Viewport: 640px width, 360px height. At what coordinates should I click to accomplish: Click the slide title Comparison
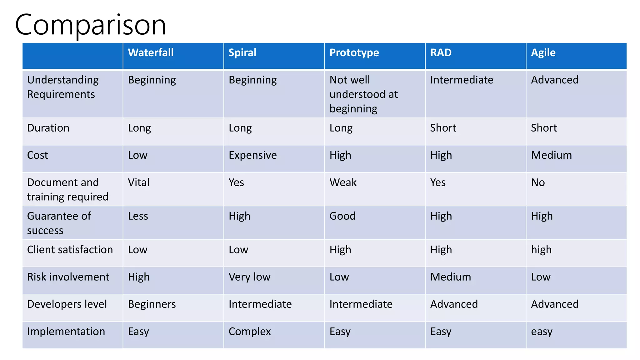[90, 25]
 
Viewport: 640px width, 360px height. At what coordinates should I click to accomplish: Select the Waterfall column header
[151, 53]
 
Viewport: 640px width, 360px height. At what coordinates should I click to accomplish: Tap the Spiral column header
[242, 53]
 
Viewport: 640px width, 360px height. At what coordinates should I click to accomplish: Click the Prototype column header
[354, 53]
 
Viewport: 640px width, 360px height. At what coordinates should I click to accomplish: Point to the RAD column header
[441, 53]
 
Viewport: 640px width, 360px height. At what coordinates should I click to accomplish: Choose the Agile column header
[543, 53]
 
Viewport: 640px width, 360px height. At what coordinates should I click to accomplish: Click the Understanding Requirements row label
[63, 87]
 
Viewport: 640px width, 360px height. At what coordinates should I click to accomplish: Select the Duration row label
[48, 128]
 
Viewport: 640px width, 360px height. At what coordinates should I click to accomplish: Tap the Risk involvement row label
[68, 277]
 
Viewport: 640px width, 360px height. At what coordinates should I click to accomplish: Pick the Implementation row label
[66, 332]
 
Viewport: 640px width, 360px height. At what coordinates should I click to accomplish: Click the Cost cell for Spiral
[252, 155]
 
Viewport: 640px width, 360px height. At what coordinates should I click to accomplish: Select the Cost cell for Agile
[551, 155]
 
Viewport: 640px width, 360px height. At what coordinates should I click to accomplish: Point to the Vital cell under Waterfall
[139, 182]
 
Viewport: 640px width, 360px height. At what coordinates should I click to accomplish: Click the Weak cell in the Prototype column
[343, 182]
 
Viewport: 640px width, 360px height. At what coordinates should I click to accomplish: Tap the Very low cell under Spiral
[249, 277]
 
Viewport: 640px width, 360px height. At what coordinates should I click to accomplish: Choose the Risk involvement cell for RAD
[450, 277]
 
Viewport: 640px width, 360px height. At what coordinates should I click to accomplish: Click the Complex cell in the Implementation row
[250, 332]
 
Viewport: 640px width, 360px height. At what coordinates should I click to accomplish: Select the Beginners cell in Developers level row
[152, 304]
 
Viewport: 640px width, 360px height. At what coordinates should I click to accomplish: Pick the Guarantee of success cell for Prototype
[342, 216]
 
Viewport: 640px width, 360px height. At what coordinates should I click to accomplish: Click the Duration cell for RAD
[443, 128]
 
